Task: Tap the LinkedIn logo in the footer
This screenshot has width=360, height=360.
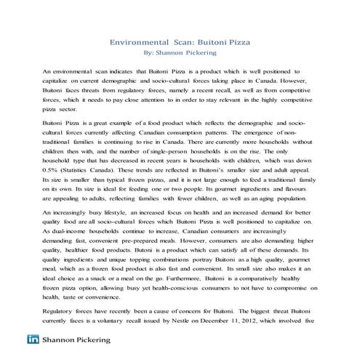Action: [33, 340]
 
